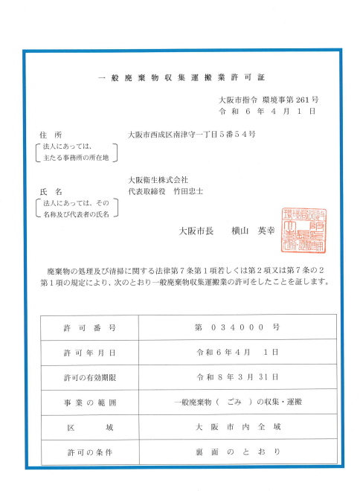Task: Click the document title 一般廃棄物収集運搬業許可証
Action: (181, 78)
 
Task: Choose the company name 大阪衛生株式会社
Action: (158, 179)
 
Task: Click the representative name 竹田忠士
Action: (188, 191)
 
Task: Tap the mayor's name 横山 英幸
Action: (254, 231)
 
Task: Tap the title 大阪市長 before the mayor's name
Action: (197, 231)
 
